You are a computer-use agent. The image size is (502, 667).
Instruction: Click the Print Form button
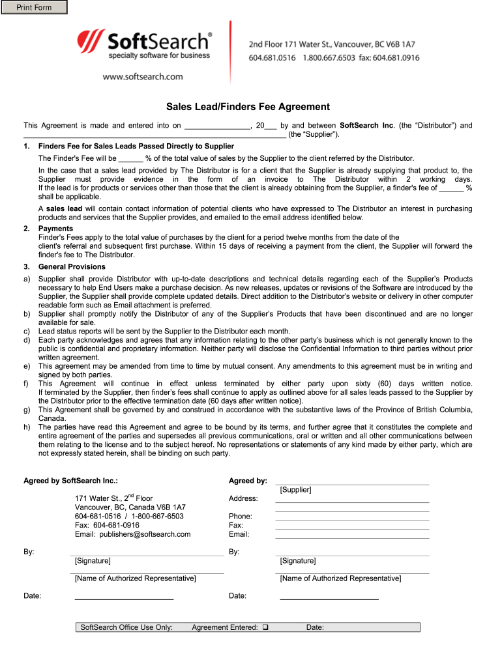[x=35, y=8]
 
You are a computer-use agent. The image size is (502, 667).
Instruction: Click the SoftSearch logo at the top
[x=145, y=46]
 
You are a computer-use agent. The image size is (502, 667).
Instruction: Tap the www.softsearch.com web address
[x=142, y=77]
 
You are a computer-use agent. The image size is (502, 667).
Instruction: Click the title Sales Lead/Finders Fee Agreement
[x=248, y=107]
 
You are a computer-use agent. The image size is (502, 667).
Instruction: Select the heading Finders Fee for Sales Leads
[x=136, y=147]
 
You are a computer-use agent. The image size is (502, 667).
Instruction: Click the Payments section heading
[x=56, y=229]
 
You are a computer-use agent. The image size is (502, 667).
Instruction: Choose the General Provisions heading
[x=72, y=266]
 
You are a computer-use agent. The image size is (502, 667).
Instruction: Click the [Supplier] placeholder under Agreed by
[x=295, y=489]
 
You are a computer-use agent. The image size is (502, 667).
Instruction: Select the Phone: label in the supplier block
[x=240, y=516]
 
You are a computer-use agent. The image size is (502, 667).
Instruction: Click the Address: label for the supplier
[x=243, y=498]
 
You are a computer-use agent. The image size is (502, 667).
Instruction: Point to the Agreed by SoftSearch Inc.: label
[x=71, y=481]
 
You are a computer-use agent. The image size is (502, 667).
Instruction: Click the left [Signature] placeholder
[x=93, y=561]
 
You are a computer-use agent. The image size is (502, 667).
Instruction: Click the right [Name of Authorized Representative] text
[x=340, y=578]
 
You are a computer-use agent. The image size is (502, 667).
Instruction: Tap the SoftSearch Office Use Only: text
[x=126, y=627]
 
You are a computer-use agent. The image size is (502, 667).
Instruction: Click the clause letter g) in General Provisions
[x=27, y=410]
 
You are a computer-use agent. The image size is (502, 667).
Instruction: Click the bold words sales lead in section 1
[x=64, y=208]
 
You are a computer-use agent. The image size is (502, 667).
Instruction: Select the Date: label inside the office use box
[x=315, y=627]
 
